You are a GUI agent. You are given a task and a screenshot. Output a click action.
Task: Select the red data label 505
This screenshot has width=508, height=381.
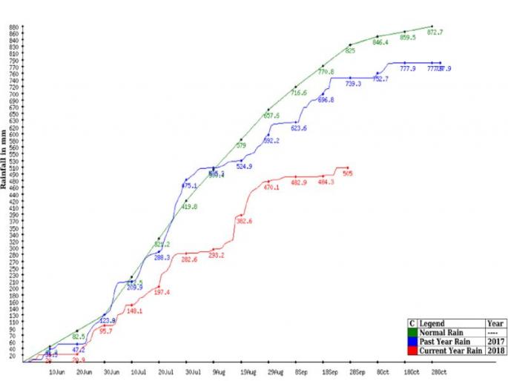[x=348, y=174]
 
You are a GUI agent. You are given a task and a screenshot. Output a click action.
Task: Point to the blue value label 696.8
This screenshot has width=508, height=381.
[x=326, y=100]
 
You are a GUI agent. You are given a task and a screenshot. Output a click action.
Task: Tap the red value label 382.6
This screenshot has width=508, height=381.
[x=244, y=222]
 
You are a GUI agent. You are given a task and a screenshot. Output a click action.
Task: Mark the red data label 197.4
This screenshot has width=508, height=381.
[x=162, y=293]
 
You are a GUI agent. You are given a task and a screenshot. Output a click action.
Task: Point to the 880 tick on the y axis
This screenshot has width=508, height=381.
[x=13, y=27]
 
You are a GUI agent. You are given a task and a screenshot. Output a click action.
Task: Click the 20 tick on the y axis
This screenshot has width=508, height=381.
[x=15, y=356]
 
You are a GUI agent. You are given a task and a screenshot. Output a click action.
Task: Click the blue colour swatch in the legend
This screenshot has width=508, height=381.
[x=412, y=342]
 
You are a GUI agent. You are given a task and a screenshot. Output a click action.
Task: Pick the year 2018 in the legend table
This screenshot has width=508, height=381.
[x=496, y=351]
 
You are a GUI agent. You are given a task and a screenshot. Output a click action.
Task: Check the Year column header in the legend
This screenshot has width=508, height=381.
[x=496, y=324]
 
